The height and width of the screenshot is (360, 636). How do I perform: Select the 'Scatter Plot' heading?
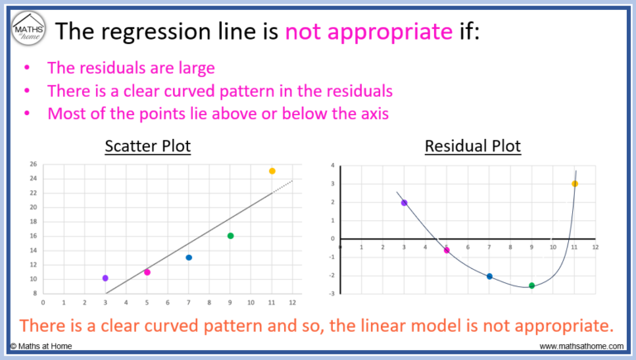click(147, 146)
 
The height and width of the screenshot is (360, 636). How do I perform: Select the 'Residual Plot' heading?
click(473, 146)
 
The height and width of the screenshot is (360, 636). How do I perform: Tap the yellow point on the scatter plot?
click(272, 171)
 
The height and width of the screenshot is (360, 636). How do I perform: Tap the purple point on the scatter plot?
click(105, 278)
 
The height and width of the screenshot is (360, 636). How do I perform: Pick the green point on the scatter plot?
click(230, 236)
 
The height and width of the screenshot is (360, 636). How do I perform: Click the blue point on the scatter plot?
click(189, 257)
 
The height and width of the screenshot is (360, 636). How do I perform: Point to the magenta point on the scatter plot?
click(147, 272)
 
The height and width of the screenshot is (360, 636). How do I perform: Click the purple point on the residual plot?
click(404, 203)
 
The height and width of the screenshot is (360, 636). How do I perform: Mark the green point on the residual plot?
click(532, 286)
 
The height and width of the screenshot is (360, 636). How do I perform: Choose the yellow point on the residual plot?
click(575, 184)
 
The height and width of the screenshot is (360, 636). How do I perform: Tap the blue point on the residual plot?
click(489, 276)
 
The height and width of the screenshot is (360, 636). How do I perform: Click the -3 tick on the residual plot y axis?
click(330, 293)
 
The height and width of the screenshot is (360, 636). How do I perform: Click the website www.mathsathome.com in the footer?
click(580, 345)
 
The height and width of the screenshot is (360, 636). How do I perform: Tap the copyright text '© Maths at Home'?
click(41, 345)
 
